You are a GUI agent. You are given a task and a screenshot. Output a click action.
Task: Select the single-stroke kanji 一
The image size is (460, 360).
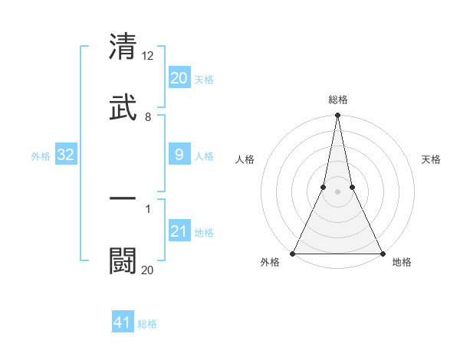click(123, 198)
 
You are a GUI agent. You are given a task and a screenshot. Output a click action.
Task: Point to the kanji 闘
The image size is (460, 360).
click(123, 260)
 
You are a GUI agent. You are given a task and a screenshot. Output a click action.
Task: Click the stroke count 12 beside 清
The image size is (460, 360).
click(148, 56)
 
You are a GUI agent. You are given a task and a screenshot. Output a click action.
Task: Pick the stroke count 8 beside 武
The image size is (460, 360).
click(147, 117)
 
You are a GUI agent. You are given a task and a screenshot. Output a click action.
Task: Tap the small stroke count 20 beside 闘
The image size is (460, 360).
click(148, 269)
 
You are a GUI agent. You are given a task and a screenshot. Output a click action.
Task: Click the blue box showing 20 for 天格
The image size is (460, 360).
click(179, 78)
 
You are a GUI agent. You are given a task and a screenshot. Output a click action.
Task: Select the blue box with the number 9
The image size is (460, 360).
click(179, 155)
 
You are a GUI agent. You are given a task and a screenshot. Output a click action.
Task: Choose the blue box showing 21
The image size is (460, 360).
click(179, 231)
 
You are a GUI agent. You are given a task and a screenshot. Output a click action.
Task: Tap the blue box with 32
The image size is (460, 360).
click(66, 155)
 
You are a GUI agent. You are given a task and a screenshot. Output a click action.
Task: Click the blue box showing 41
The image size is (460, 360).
click(123, 322)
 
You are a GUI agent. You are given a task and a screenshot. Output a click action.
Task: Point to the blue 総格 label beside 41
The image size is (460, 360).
click(147, 324)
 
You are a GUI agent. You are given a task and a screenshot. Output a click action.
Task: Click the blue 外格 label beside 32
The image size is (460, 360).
click(41, 156)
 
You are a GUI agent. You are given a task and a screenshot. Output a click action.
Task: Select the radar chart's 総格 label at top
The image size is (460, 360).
click(337, 100)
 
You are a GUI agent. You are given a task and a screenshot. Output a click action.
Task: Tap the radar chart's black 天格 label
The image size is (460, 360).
click(431, 159)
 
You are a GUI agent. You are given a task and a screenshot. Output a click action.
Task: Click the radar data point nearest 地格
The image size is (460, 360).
click(381, 253)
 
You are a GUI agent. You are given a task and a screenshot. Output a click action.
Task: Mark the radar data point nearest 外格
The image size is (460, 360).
click(293, 253)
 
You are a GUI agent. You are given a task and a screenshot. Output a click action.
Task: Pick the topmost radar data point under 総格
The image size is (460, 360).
click(337, 116)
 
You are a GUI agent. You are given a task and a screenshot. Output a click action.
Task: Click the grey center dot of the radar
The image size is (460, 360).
click(337, 191)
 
